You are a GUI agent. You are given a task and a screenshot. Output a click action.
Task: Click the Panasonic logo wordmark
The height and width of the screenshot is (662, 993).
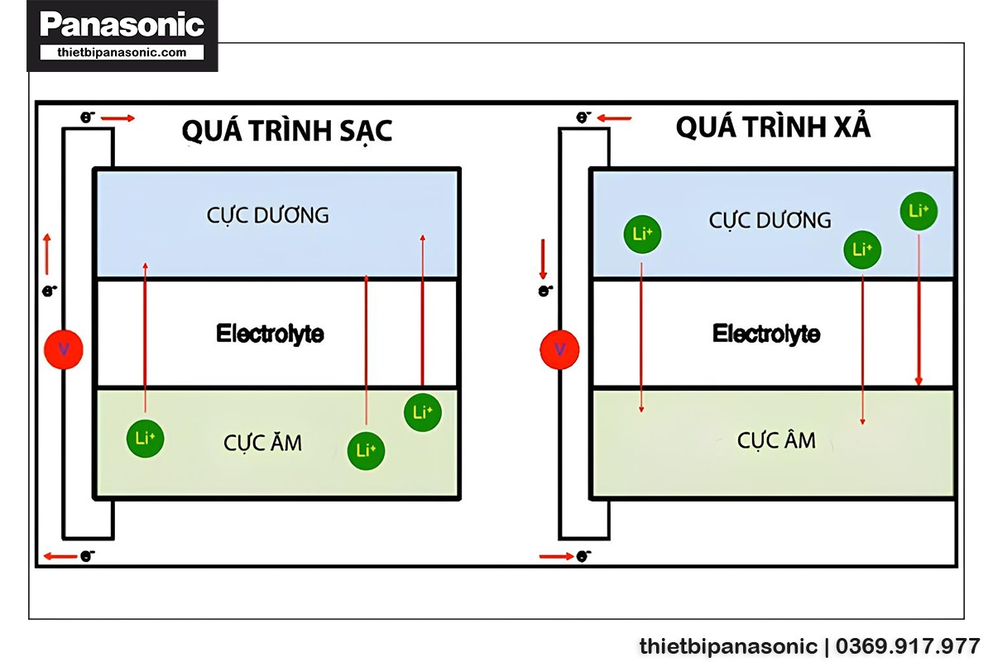click(122, 26)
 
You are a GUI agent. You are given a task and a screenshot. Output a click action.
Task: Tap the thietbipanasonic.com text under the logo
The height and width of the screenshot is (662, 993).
click(122, 52)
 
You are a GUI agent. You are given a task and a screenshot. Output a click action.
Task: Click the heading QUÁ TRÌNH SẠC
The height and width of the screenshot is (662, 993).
click(287, 131)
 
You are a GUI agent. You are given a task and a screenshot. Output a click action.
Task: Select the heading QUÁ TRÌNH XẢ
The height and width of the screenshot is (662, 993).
click(773, 127)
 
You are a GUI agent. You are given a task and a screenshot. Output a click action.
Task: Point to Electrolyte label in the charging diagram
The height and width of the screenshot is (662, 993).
click(270, 334)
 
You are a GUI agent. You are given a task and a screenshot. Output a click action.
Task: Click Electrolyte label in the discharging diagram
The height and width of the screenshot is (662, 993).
click(766, 334)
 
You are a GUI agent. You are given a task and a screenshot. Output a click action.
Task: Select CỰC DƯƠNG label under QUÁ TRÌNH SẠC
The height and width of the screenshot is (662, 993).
click(268, 216)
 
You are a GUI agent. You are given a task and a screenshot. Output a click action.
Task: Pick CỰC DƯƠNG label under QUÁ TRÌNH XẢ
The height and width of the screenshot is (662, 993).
click(770, 221)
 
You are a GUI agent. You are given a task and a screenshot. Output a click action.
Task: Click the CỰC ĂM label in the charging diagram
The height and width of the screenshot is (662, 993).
click(263, 444)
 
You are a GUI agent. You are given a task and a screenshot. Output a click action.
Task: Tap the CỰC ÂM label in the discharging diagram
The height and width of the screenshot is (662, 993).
click(776, 440)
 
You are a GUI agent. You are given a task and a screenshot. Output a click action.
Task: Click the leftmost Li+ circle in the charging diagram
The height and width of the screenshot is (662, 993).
click(145, 439)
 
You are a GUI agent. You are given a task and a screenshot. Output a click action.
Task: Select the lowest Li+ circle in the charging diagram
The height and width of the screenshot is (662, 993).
click(366, 451)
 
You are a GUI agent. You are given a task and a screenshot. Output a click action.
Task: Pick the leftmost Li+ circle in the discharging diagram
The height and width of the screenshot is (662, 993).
click(642, 234)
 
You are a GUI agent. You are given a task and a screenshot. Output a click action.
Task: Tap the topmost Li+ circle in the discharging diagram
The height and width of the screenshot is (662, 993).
click(919, 211)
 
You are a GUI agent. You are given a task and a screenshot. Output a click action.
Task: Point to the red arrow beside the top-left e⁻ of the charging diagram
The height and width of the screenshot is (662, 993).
click(118, 119)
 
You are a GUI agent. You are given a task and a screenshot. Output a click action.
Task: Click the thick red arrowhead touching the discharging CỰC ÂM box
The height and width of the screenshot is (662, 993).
click(919, 380)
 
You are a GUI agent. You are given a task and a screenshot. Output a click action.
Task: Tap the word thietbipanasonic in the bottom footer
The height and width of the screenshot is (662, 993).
click(728, 646)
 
